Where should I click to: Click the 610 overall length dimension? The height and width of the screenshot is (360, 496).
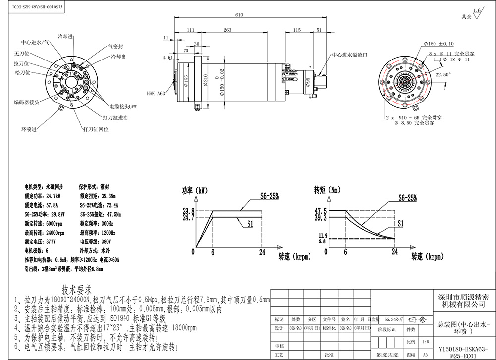[x=239, y=15]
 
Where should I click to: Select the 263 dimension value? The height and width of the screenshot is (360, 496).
[x=227, y=30]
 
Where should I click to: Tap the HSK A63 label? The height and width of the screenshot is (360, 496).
[x=157, y=93]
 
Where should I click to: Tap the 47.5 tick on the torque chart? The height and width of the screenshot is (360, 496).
[x=320, y=211]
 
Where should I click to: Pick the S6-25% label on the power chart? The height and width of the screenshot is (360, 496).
[x=270, y=196]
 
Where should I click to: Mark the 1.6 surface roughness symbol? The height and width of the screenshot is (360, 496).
[x=477, y=12]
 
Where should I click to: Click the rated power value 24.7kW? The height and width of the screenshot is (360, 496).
[x=56, y=196]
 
